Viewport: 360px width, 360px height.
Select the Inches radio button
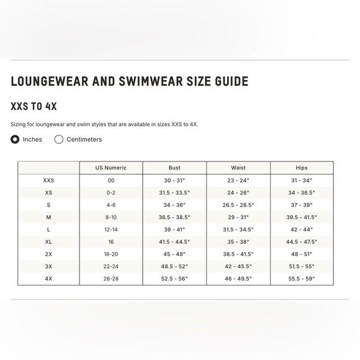click(16, 139)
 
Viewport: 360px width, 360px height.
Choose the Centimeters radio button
click(59, 139)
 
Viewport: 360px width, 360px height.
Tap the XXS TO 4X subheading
click(35, 106)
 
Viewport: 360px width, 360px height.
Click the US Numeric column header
click(111, 168)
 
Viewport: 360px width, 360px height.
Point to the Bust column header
click(174, 168)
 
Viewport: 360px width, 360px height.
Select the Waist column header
click(238, 168)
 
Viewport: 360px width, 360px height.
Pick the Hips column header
click(302, 168)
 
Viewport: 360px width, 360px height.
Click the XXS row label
click(48, 180)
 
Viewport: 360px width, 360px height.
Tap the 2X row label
click(48, 254)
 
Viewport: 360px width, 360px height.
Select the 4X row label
click(48, 279)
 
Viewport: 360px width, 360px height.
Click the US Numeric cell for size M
click(111, 217)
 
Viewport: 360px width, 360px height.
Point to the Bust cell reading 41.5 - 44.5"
click(174, 241)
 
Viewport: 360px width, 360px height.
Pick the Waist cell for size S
click(238, 205)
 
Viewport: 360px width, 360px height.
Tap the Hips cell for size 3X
click(302, 266)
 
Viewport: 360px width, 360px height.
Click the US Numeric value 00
click(111, 180)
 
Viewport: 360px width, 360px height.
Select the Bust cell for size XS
click(174, 192)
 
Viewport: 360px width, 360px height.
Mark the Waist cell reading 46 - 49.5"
click(238, 279)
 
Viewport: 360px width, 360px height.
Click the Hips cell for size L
click(302, 230)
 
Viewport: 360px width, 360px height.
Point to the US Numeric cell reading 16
click(111, 241)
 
